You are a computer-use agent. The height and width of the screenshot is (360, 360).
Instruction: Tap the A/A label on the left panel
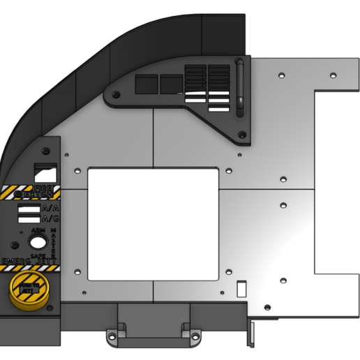click(50, 208)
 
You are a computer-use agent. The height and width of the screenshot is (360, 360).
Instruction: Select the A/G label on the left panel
click(50, 219)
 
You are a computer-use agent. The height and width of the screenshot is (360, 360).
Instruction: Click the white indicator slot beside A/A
click(29, 209)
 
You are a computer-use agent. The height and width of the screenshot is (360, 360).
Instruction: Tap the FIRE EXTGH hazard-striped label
click(31, 192)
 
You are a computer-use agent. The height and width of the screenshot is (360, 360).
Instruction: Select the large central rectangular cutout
click(153, 223)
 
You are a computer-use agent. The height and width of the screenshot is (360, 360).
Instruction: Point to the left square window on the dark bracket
click(147, 84)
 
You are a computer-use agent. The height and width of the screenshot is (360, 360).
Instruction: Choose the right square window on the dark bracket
click(171, 84)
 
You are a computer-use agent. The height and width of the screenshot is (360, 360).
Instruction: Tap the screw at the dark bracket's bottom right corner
click(241, 134)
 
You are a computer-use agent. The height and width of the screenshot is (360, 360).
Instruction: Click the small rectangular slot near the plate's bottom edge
click(241, 287)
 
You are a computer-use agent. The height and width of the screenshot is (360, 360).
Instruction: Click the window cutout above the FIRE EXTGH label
click(46, 170)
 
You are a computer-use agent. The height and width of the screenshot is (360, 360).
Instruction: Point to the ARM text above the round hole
click(38, 230)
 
